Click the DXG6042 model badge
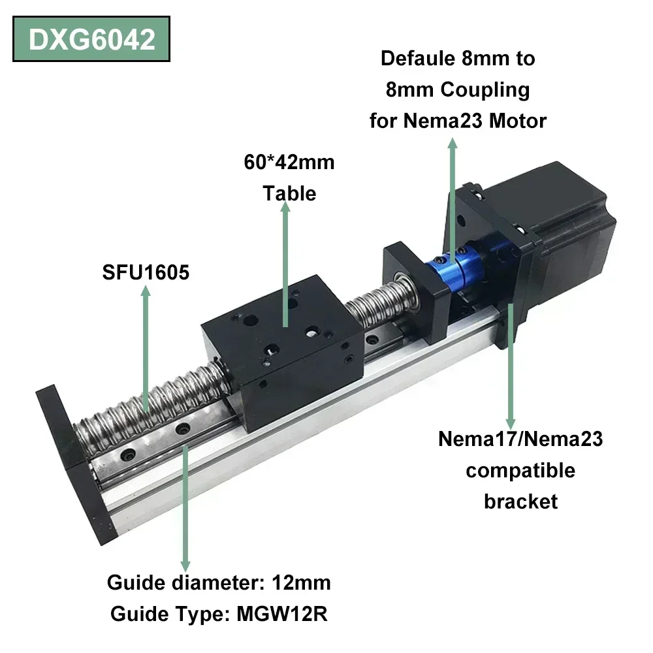point(91,39)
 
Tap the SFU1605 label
point(146,272)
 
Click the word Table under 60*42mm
point(289,193)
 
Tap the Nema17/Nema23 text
point(520,438)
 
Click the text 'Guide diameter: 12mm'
point(219,582)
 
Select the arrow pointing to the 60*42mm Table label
point(285,261)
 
